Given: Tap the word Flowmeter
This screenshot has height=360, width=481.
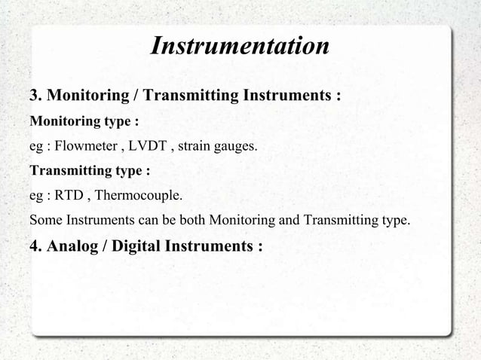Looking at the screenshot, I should coord(84,146).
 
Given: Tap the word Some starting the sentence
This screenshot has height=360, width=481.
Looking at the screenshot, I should coord(44,221).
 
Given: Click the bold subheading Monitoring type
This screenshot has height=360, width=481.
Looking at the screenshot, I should coord(83,121).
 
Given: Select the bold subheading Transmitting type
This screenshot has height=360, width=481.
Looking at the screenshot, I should coord(89,171).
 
